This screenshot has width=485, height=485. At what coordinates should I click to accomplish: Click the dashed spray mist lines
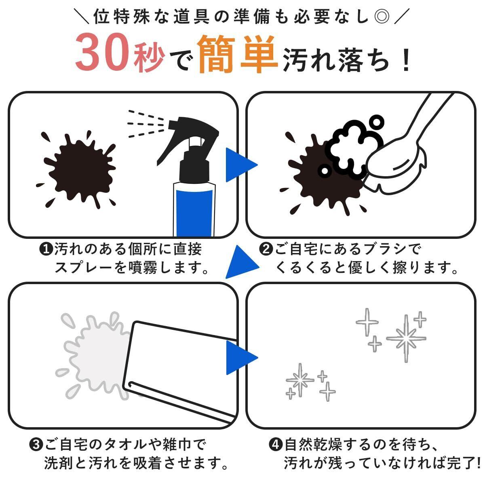coord(145,124)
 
